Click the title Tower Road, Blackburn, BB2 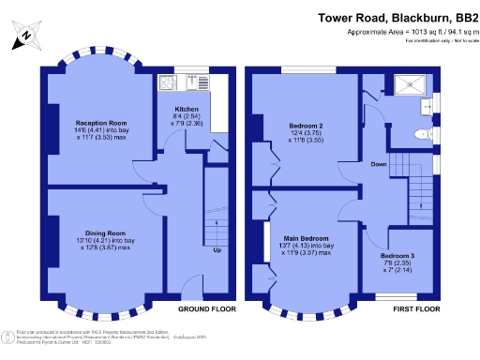pyautogui.click(x=396, y=17)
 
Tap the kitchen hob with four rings pyautogui.click(x=170, y=82)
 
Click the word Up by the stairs pyautogui.click(x=217, y=251)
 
